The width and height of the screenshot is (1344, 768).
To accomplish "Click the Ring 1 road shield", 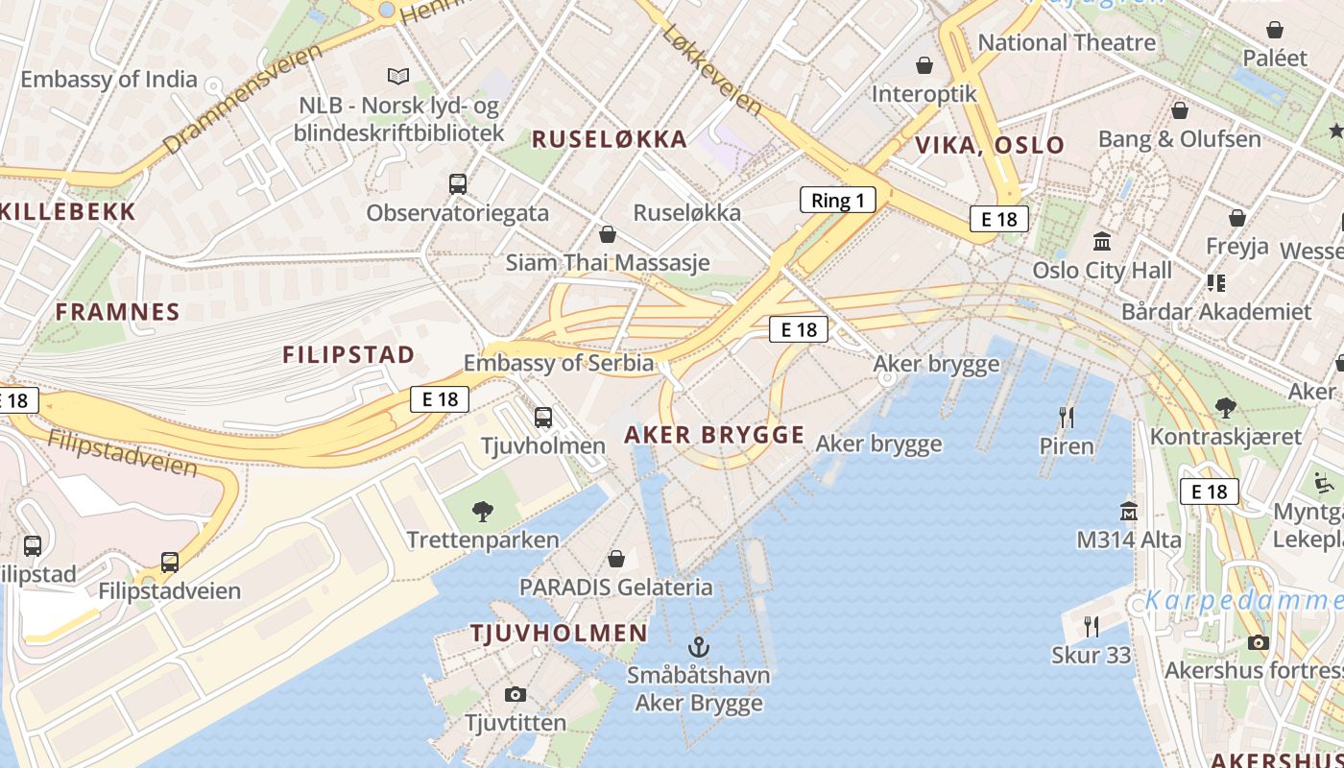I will click(838, 200).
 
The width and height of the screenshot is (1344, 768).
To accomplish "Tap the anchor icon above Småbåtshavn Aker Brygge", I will click(698, 646).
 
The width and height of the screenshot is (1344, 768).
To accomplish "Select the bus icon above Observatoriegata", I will click(458, 184).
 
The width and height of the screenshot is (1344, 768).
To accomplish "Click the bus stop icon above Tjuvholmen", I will click(543, 418).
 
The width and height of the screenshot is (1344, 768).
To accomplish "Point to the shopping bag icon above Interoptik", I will click(924, 65).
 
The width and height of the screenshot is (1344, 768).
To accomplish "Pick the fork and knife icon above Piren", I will click(1066, 417).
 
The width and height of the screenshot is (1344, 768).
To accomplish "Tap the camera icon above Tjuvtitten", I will click(516, 694).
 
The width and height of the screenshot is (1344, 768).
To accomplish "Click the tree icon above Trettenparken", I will click(483, 512).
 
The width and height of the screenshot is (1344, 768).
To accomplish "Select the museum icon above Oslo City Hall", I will click(1102, 240).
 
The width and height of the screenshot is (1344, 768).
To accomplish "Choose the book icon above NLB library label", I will click(398, 76).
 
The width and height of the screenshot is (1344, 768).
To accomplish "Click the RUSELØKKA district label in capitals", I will click(610, 139).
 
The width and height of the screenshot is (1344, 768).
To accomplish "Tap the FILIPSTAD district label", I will click(348, 354).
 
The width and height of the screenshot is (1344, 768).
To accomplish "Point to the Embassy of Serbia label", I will click(559, 363).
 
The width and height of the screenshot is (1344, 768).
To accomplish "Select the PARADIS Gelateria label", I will click(616, 587).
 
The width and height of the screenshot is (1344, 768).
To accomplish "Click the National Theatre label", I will click(1067, 42).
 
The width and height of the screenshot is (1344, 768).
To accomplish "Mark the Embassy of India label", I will click(108, 80).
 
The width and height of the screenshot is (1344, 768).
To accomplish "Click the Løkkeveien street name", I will click(712, 70).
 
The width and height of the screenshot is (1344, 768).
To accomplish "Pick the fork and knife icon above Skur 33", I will click(1091, 627).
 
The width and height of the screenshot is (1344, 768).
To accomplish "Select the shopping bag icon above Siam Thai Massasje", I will click(607, 234).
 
